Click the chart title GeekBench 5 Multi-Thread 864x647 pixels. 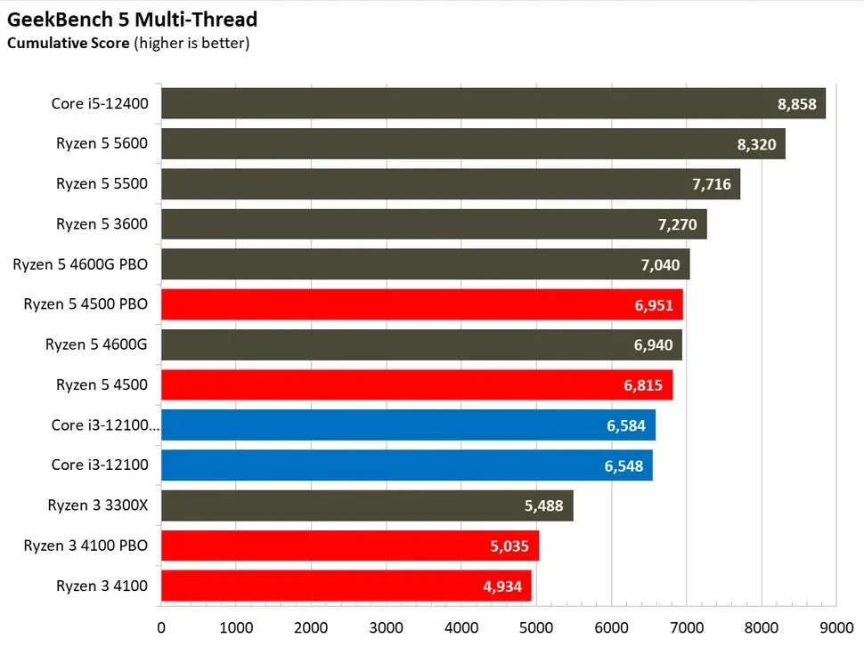point(132,20)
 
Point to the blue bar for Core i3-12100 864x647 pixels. point(406,465)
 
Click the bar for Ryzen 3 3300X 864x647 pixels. point(366,505)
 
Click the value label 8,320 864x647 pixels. point(756,144)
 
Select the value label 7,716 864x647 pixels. point(711,184)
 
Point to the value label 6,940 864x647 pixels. point(653,345)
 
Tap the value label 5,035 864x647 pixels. point(509,546)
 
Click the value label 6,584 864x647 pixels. point(626,425)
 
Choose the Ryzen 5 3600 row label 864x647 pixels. point(102,224)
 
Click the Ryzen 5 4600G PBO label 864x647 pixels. point(80,264)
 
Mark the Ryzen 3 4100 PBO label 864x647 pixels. point(86,546)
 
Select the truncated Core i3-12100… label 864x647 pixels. point(105,425)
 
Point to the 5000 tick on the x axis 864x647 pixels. point(536,627)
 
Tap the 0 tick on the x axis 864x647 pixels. point(161,627)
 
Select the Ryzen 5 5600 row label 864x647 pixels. point(102,144)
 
